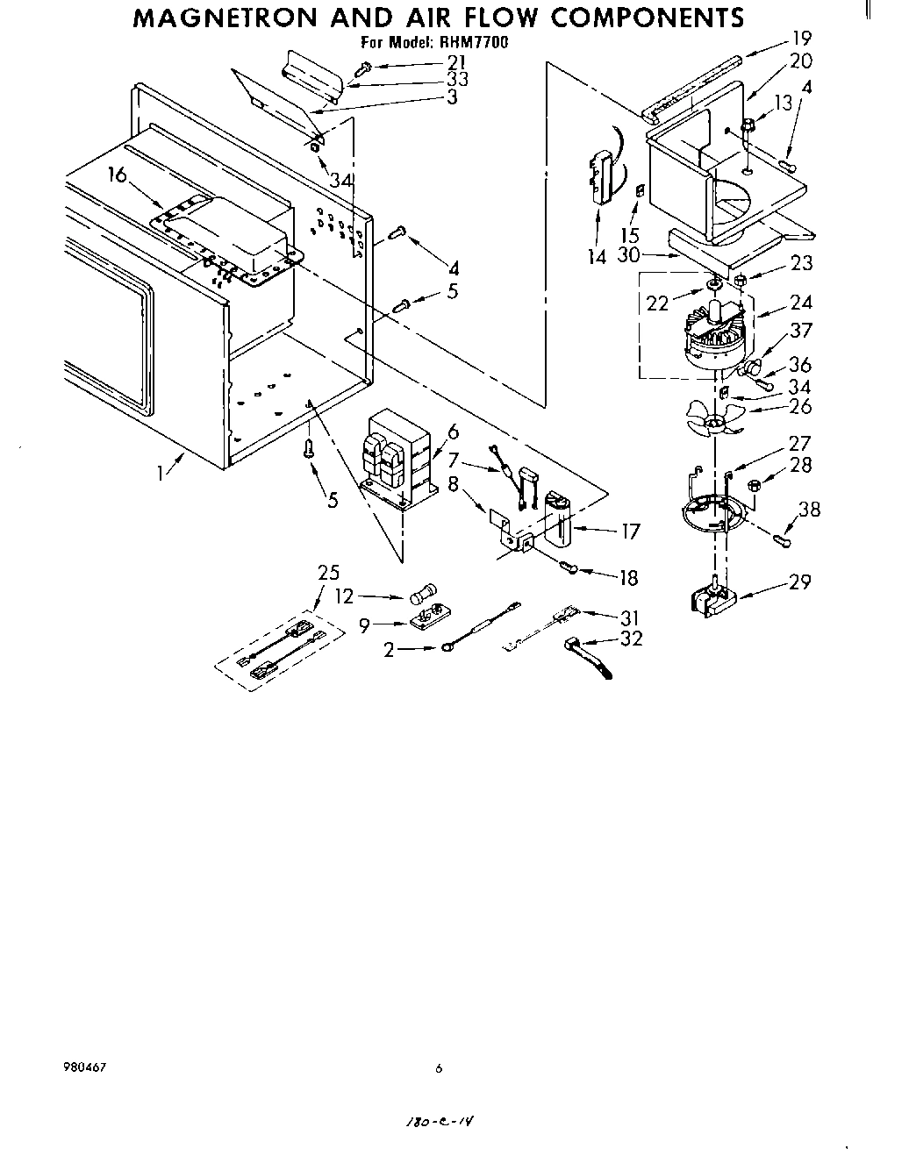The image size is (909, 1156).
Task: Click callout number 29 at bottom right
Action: (799, 581)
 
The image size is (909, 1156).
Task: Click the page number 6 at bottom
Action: (438, 1068)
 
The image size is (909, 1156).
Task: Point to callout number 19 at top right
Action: (800, 38)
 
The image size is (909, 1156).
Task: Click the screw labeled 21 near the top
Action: (364, 67)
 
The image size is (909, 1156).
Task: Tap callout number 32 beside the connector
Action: (630, 638)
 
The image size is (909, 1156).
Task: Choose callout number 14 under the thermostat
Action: (597, 257)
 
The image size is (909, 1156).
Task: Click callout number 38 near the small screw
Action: (808, 509)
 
